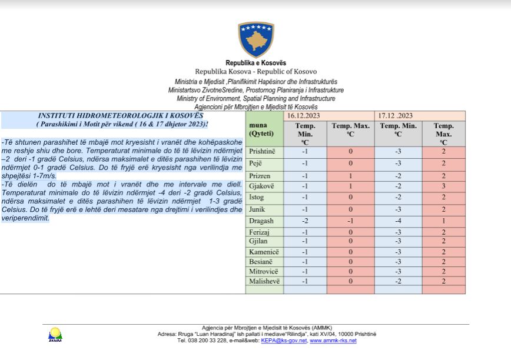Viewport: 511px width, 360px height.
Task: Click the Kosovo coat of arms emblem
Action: click(x=255, y=40)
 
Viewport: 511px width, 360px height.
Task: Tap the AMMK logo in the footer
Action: click(x=55, y=334)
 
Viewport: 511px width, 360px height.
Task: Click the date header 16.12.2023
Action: click(x=305, y=115)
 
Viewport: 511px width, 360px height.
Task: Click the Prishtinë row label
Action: click(x=263, y=151)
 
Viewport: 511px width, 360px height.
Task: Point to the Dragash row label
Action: click(x=261, y=221)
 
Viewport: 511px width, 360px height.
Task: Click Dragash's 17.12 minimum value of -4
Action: click(x=399, y=221)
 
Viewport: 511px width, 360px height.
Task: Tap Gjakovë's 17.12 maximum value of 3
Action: click(x=443, y=186)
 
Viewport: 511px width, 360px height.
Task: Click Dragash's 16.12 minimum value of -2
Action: click(x=305, y=221)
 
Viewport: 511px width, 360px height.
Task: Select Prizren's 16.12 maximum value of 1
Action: click(x=350, y=176)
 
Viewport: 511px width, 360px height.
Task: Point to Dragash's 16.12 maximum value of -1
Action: click(x=350, y=221)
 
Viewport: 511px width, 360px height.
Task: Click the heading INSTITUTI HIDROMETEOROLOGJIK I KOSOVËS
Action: click(x=121, y=116)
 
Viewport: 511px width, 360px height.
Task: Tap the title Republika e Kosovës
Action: click(x=255, y=63)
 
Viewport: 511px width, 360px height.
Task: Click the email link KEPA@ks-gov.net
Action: click(x=284, y=340)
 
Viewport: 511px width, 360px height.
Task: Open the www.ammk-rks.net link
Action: click(x=333, y=340)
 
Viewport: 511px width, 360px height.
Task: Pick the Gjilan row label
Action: click(x=259, y=242)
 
